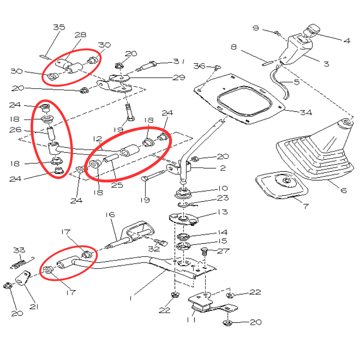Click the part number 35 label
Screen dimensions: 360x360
click(59, 27)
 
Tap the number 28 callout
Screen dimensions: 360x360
click(80, 35)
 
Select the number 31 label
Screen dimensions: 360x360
click(179, 61)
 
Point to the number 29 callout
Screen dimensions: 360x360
click(179, 77)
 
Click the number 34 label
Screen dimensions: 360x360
click(306, 112)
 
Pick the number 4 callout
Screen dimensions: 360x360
click(347, 41)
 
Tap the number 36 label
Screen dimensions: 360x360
click(199, 66)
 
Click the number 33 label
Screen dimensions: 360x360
click(19, 250)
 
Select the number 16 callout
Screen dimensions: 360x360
click(110, 215)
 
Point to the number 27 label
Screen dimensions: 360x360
click(223, 251)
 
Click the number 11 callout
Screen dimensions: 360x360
click(191, 320)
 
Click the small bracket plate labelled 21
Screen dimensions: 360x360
click(23, 278)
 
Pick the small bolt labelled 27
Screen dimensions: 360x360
click(204, 252)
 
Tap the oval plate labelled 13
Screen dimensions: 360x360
click(184, 219)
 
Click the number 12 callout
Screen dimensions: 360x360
click(97, 139)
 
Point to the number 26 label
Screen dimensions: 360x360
click(15, 130)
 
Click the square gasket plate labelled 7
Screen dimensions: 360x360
click(282, 185)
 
